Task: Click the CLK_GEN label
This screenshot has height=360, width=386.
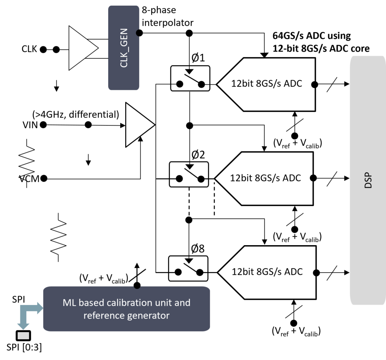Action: [x=124, y=48]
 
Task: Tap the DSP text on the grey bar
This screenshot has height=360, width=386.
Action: [x=368, y=181]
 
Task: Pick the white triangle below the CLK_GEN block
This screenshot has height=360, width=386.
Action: [x=139, y=125]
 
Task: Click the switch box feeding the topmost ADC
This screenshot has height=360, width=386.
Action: [x=190, y=78]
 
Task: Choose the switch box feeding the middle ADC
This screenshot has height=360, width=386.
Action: [x=189, y=174]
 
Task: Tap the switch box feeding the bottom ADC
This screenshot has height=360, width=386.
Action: [x=188, y=268]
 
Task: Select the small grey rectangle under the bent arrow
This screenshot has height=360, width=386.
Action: [x=23, y=336]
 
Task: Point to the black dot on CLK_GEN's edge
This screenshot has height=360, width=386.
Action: [x=138, y=33]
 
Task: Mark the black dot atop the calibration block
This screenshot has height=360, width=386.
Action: [x=137, y=286]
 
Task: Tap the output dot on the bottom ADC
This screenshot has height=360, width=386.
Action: [x=314, y=273]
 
